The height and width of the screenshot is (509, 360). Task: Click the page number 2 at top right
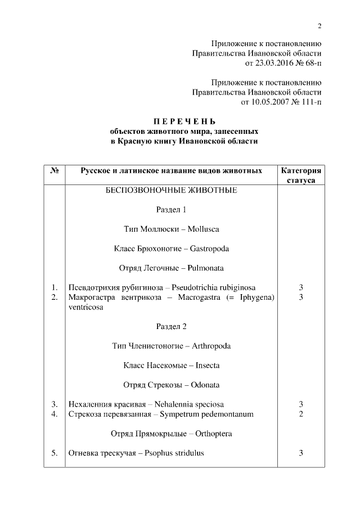coord(319,26)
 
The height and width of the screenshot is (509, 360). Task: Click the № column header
coord(55,170)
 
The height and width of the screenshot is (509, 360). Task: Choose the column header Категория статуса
coord(301,175)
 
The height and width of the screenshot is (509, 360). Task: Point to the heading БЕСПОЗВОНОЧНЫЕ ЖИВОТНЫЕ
coord(172,190)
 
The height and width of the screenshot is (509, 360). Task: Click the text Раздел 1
coord(171,210)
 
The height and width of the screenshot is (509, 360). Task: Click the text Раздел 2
coord(171,326)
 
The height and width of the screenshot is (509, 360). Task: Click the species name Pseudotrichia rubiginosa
coord(217,287)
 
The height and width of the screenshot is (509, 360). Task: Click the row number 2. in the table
coord(55,297)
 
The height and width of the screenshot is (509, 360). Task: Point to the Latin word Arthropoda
coord(211,346)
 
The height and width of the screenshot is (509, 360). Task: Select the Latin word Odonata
coord(205,385)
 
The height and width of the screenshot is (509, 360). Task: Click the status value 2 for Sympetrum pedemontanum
coord(301,414)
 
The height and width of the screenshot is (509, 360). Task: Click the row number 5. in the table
coord(55,453)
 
